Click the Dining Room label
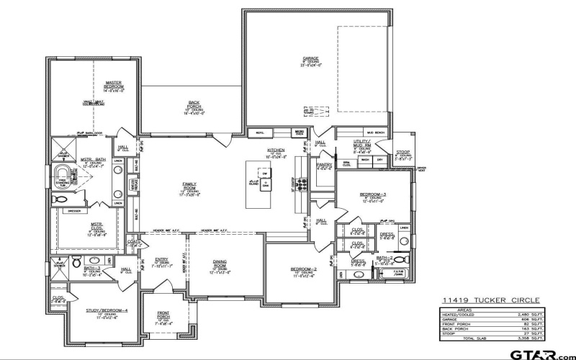pyautogui.click(x=220, y=264)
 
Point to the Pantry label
pyautogui.click(x=324, y=166)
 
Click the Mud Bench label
pyautogui.click(x=375, y=133)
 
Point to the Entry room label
pyautogui.click(x=162, y=262)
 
